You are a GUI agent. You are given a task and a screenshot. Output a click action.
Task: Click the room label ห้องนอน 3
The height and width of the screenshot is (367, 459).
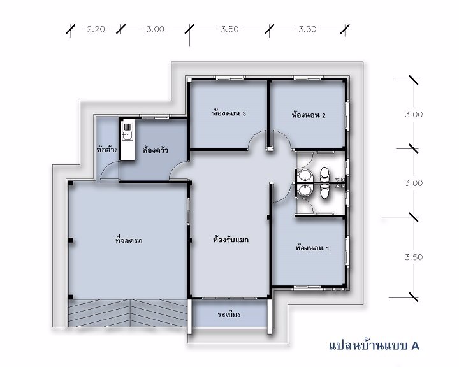click(x=229, y=113)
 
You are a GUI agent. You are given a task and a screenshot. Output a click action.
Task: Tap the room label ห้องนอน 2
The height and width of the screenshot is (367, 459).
click(x=309, y=115)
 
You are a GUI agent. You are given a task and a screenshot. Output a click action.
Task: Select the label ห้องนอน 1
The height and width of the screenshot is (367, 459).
click(x=312, y=248)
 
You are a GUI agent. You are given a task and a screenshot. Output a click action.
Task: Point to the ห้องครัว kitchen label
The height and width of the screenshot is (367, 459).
click(x=155, y=150)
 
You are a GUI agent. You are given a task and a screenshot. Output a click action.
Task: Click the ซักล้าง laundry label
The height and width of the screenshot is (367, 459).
click(x=107, y=150)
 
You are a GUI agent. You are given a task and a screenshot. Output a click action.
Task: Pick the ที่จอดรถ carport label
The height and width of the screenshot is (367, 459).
click(x=129, y=241)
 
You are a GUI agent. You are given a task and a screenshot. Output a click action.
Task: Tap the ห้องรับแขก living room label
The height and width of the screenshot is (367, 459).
click(x=231, y=240)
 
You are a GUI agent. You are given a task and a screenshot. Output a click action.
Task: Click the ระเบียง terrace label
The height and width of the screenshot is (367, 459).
click(x=229, y=315)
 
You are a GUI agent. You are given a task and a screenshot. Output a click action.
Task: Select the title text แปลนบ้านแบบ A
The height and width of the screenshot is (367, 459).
click(x=374, y=345)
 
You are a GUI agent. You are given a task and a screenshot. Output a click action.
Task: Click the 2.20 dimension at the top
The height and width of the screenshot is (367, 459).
click(x=96, y=29)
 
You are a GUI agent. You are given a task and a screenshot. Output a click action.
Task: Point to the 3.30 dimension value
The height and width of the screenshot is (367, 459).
click(x=307, y=29)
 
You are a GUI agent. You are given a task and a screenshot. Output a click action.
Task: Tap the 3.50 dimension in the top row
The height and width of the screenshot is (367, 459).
click(x=229, y=29)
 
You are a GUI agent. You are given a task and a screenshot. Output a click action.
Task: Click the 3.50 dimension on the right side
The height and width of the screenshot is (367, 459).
click(x=414, y=257)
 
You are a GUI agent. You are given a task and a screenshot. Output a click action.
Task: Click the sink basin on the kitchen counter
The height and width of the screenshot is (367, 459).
click(x=127, y=135)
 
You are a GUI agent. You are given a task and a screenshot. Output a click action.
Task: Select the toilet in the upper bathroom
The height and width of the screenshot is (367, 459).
click(x=324, y=175)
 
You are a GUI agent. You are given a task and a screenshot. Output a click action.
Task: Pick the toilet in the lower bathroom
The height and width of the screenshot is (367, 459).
click(x=324, y=192)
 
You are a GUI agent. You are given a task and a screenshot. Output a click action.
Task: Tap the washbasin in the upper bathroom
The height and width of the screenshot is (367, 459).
click(x=305, y=176)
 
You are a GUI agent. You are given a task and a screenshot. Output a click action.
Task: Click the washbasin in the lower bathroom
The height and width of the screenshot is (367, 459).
click(x=305, y=191)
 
